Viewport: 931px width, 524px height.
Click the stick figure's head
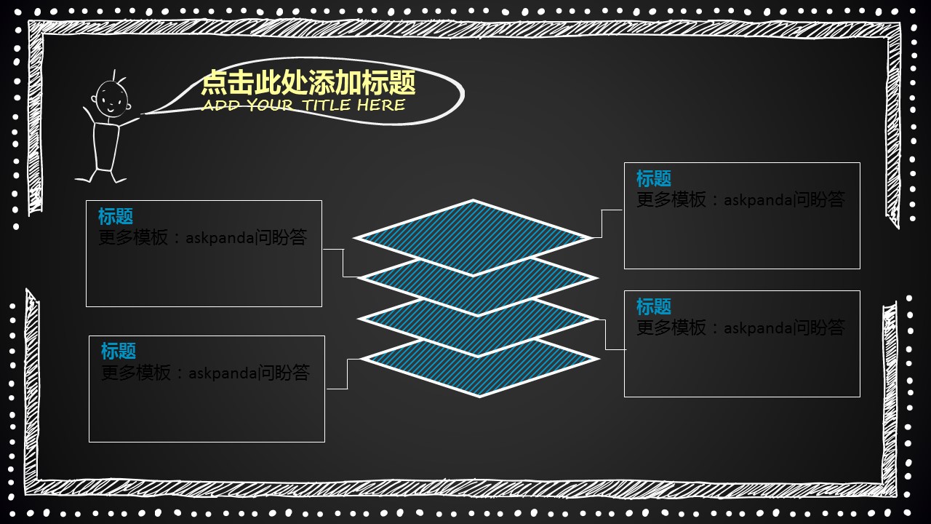pos(111,98)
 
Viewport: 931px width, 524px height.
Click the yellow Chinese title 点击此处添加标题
pos(308,82)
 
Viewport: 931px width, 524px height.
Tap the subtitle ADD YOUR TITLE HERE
pos(303,106)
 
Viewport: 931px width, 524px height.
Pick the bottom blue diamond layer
pos(480,371)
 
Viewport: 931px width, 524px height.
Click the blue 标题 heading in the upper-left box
pos(116,216)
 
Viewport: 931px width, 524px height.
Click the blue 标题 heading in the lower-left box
pos(119,352)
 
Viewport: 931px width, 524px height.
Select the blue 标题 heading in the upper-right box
pos(654,178)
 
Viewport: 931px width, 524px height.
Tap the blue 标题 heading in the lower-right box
pos(654,306)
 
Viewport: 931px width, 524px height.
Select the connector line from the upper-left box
pos(343,262)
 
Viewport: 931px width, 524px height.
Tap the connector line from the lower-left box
pos(347,374)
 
